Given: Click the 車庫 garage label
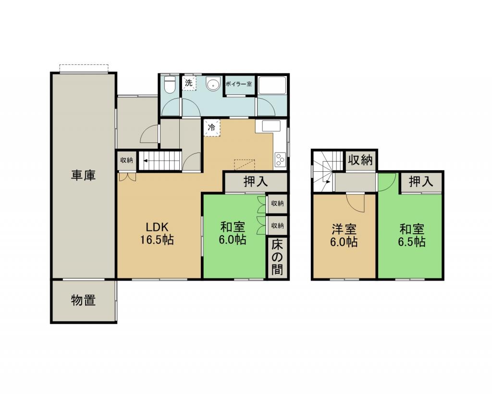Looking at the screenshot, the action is point(83,175).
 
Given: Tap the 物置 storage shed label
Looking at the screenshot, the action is point(83,300).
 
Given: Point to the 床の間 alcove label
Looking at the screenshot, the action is point(277,257).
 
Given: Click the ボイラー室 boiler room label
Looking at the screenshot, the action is point(239,84).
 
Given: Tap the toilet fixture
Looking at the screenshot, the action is point(170,84).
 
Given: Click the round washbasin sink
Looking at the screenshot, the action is point(213,84).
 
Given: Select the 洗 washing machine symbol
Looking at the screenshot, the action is point(189,83).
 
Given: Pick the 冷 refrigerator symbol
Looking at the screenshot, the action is point(212,127).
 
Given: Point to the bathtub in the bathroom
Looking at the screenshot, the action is point(272,85).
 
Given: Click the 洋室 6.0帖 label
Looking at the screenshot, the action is point(344,236).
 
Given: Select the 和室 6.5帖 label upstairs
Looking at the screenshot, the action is point(412,236).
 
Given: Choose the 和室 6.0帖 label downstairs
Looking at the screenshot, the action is point(233,233).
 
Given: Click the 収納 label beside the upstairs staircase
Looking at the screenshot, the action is point(361,160).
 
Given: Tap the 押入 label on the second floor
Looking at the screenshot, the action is point(421,181).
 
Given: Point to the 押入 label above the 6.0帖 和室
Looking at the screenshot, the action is point(256,181).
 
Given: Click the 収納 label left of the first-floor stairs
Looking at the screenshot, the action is point(127,160).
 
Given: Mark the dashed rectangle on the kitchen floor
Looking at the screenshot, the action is point(245,165).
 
